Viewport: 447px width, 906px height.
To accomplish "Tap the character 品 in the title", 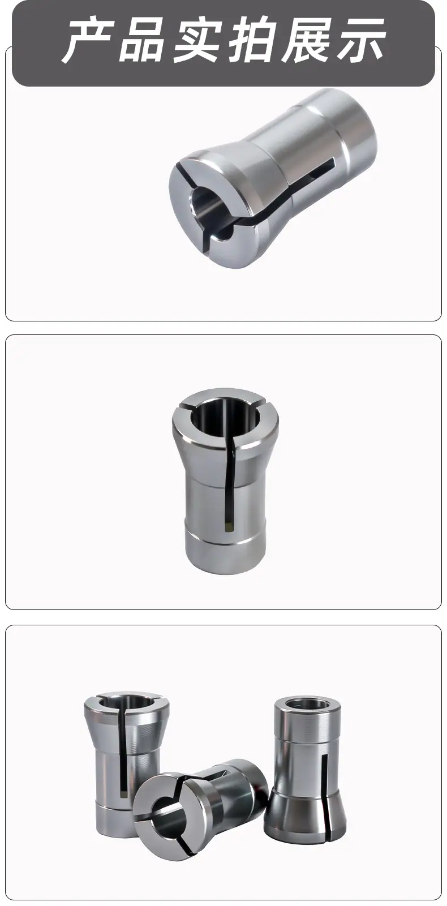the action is pos(143,40).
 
